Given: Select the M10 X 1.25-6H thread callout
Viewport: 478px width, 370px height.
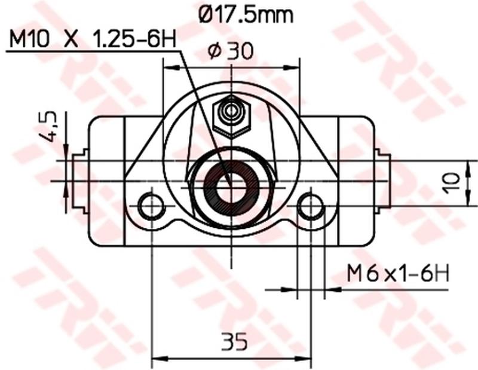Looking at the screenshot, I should (x=92, y=40).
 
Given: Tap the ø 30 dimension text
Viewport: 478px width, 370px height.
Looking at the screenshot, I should (x=230, y=52).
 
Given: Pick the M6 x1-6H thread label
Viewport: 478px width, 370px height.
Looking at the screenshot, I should (x=398, y=274).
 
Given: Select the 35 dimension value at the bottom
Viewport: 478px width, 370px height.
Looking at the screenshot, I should (x=235, y=343).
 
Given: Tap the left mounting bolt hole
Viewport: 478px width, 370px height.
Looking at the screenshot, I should (x=151, y=206).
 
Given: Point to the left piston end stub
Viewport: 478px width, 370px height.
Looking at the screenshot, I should (x=78, y=181).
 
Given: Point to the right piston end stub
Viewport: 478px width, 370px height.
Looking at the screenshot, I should (x=383, y=181).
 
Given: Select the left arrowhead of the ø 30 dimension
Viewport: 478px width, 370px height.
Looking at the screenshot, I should (x=168, y=67).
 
